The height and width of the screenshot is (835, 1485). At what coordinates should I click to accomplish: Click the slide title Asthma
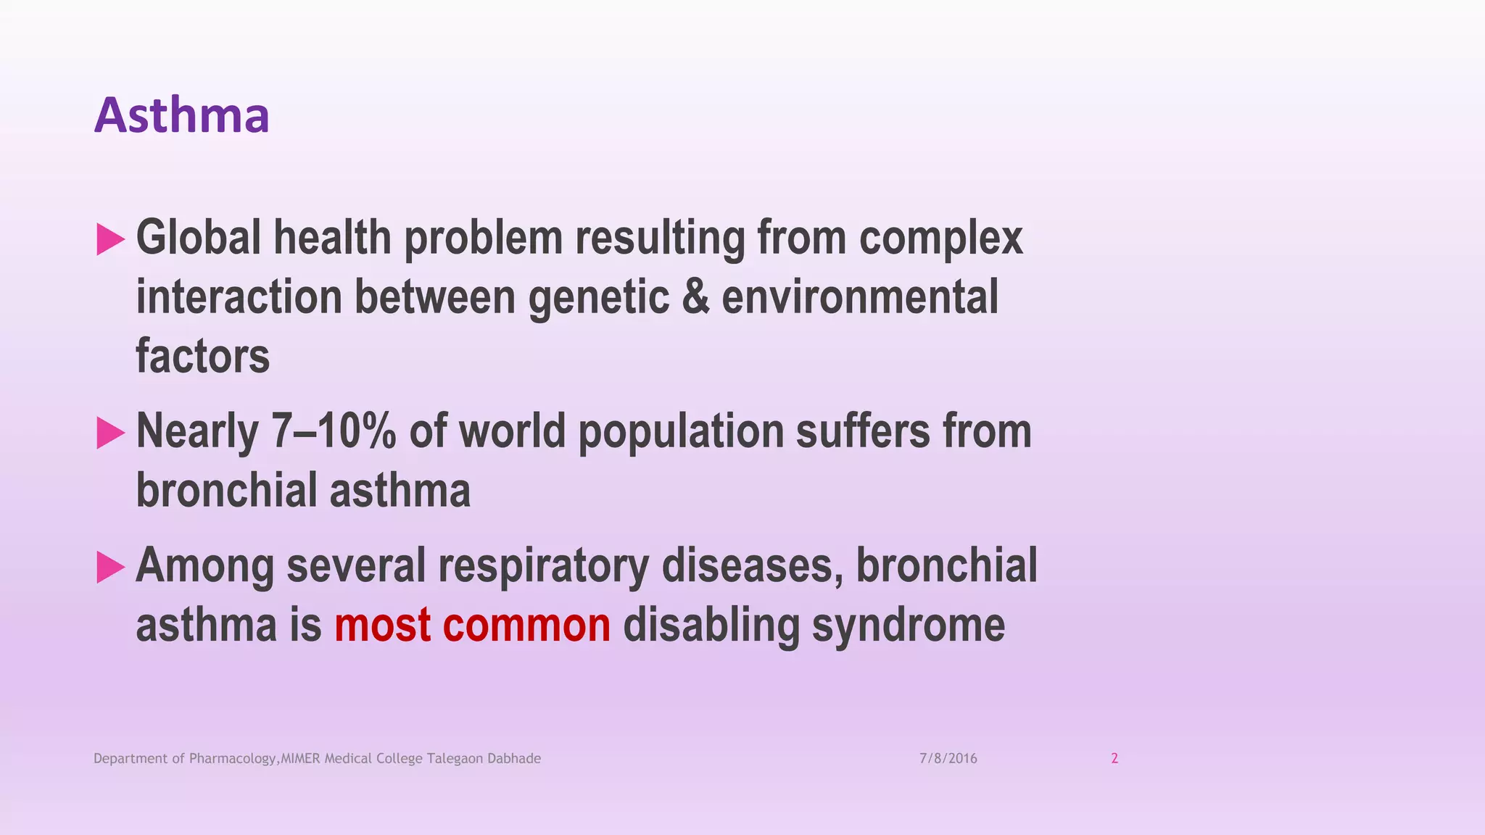click(x=181, y=116)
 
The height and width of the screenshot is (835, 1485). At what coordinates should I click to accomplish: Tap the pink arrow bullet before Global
click(x=109, y=239)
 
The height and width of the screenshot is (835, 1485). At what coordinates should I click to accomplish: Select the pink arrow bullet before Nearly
click(x=109, y=433)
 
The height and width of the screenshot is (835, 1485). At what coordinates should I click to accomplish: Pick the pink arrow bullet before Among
click(x=109, y=567)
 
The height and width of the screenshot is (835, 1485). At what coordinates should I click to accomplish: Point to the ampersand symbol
click(x=695, y=297)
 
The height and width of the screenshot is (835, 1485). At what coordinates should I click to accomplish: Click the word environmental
click(x=860, y=297)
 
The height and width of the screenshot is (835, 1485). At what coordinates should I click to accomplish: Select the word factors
click(x=202, y=357)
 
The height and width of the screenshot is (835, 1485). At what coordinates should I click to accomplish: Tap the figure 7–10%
click(x=334, y=431)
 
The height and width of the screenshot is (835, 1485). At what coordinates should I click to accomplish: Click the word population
click(x=680, y=433)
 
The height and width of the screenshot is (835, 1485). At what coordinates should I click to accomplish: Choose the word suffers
click(x=863, y=431)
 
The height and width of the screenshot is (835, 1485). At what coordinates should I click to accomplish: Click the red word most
click(x=382, y=626)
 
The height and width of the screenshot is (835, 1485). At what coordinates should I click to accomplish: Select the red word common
click(x=526, y=626)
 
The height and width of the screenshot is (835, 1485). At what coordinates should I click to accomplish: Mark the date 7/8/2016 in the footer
click(x=948, y=759)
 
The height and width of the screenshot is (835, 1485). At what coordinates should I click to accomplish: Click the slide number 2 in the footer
click(x=1114, y=759)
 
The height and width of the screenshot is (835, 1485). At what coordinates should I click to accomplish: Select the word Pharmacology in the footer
click(x=233, y=759)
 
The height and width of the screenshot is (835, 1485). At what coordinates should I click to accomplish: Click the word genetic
click(x=599, y=299)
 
